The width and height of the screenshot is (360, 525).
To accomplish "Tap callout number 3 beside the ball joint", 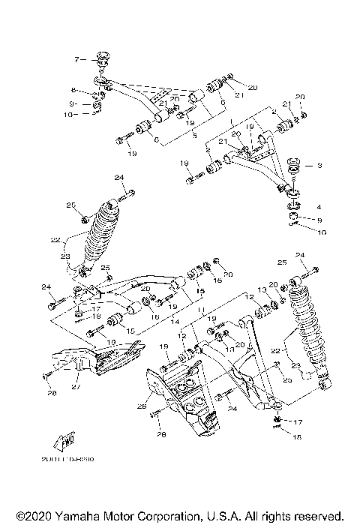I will [x=319, y=165].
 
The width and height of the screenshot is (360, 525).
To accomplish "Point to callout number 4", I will [x=319, y=205].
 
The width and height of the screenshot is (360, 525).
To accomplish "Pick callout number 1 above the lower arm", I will [x=232, y=120].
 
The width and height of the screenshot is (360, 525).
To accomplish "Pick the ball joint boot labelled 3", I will [x=292, y=166].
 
